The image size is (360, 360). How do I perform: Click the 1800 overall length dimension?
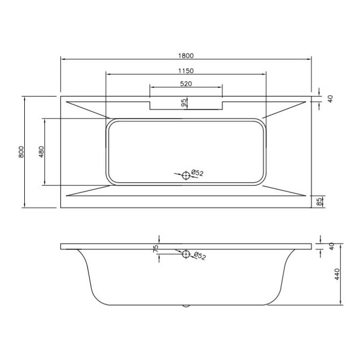[x=186, y=55]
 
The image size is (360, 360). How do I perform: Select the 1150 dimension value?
[x=186, y=70]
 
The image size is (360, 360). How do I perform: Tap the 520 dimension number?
[x=186, y=83]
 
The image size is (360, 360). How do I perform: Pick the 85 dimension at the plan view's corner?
[x=319, y=201]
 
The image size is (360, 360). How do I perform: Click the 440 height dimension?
[x=337, y=275]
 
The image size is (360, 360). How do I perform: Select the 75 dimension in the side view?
[x=156, y=249]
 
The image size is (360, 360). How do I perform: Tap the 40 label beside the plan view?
[x=330, y=98]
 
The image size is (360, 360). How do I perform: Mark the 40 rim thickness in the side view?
[x=332, y=246]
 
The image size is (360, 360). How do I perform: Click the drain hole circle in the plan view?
[x=186, y=175]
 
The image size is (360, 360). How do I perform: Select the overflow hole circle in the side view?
[x=186, y=254]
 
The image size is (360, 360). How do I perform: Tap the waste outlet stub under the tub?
[x=186, y=306]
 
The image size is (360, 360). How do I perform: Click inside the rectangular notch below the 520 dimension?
[x=186, y=104]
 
